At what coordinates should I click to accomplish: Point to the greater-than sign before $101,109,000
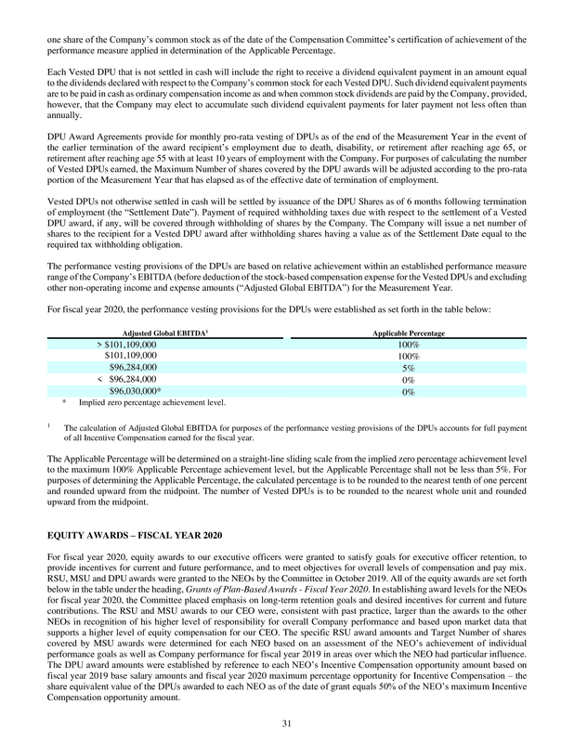[100, 344]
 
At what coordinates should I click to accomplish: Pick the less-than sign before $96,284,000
[100, 380]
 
